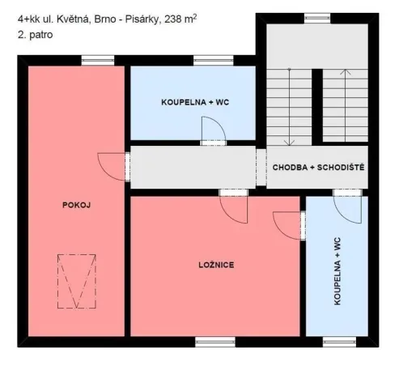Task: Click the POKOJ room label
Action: coord(77,205)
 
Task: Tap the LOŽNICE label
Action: coord(216,265)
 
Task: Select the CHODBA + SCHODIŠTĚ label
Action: coord(318,167)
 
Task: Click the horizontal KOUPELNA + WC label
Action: coord(195,103)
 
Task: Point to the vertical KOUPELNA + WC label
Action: coord(337,272)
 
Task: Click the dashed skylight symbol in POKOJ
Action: coord(76,281)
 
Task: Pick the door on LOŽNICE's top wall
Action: coord(234,206)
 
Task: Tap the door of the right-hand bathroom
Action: coord(348,207)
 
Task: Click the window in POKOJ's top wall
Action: coord(98,58)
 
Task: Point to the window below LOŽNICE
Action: coord(209,341)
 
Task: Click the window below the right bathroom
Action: coord(339,341)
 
